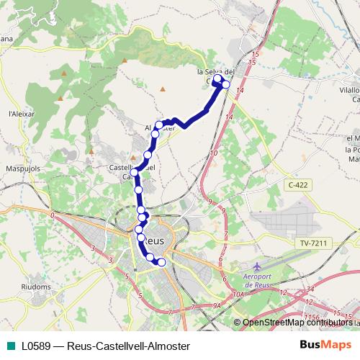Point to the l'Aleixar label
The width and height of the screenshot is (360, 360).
[18, 113]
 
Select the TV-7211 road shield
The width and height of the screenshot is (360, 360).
[315, 244]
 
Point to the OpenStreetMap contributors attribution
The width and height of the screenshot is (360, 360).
[299, 323]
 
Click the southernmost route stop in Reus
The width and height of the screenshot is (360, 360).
[161, 263]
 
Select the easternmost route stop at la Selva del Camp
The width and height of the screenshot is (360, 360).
[225, 85]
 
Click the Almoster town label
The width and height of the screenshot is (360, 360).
[160, 128]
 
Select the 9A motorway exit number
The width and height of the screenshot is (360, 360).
[216, 307]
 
